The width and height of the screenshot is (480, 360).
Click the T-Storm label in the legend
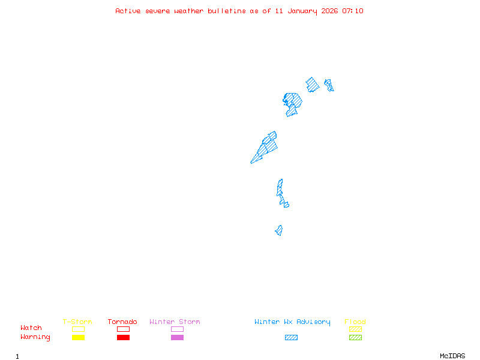[x=77, y=322]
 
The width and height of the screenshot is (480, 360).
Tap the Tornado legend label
[x=122, y=322]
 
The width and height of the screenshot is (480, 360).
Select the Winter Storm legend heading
[x=175, y=322]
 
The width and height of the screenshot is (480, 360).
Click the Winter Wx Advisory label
[x=292, y=322]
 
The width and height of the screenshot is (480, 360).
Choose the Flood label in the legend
[x=355, y=322]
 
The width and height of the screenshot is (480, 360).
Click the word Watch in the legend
[x=31, y=328]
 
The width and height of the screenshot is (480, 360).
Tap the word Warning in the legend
[x=35, y=337]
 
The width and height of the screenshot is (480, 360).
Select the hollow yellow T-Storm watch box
[x=78, y=329]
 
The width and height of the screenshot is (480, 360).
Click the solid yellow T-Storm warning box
[x=78, y=337]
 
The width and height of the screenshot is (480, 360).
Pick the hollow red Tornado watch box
[x=123, y=329]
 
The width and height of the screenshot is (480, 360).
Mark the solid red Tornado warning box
[x=123, y=337]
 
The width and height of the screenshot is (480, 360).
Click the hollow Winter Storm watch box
[x=177, y=329]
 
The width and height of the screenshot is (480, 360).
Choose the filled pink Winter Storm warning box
[x=177, y=337]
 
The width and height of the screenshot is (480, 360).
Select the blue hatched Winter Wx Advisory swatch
[x=291, y=337]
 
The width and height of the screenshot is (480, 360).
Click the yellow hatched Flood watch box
[x=355, y=329]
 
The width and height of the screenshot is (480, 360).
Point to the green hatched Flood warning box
[x=355, y=337]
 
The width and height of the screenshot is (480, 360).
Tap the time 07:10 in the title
[x=353, y=11]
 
